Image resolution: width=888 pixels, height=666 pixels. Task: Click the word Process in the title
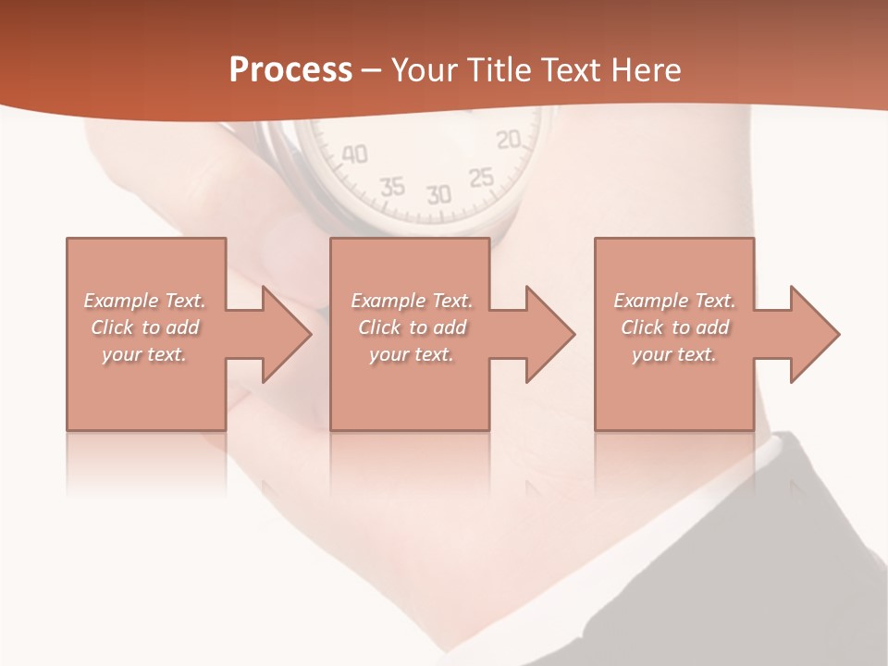click(290, 70)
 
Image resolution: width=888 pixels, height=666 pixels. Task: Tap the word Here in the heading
click(647, 70)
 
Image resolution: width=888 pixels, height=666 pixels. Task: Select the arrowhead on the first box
click(281, 334)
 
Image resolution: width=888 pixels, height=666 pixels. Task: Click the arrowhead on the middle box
click(545, 334)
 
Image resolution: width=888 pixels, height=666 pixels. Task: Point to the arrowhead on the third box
click(809, 334)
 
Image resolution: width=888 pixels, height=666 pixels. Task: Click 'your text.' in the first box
click(144, 354)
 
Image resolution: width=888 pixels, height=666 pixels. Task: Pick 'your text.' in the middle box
click(411, 354)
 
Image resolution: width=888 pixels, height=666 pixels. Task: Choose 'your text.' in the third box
click(674, 354)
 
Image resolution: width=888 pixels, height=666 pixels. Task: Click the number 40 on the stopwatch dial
click(354, 154)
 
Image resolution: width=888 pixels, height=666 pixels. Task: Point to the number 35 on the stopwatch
click(392, 186)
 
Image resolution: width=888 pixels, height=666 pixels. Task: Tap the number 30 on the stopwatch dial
click(438, 194)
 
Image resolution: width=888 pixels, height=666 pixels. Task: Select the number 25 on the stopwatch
click(481, 177)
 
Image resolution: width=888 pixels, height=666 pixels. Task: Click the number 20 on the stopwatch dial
click(509, 140)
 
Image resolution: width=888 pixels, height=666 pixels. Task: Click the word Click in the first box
click(112, 327)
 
